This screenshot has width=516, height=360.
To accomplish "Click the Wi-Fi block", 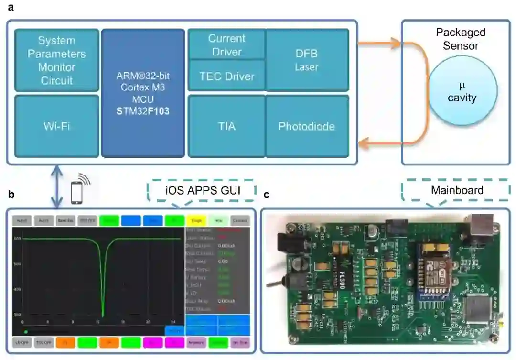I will [57, 126].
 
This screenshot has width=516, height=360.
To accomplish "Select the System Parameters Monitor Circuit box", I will [57, 60].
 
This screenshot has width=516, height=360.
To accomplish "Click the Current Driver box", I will [226, 44].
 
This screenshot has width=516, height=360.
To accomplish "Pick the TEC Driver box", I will [226, 76].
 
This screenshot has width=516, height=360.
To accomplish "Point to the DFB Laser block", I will [307, 60].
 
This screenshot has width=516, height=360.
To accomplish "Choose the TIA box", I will [226, 126].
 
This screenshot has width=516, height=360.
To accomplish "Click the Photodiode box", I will [307, 126].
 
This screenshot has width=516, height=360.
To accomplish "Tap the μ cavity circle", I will [462, 92].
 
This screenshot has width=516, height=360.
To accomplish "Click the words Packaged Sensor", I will [461, 39].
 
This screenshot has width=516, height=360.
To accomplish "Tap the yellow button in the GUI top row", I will [196, 220].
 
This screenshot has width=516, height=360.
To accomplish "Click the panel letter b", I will [11, 195].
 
